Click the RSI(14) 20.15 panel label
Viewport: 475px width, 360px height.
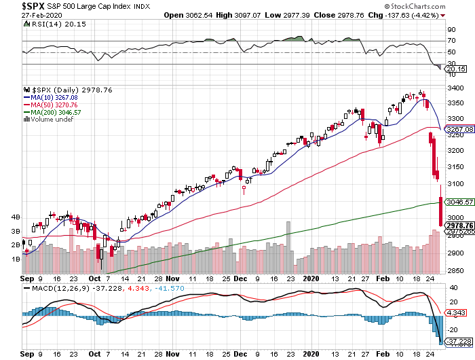pyautogui.click(x=50, y=25)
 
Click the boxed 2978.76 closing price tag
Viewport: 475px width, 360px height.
pyautogui.click(x=459, y=225)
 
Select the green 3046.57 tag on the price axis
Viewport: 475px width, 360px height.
pyautogui.click(x=459, y=202)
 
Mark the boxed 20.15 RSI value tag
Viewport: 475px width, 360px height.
pyautogui.click(x=455, y=69)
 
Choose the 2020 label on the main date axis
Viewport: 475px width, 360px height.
pyautogui.click(x=312, y=278)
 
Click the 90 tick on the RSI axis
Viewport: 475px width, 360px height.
pyautogui.click(x=449, y=30)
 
